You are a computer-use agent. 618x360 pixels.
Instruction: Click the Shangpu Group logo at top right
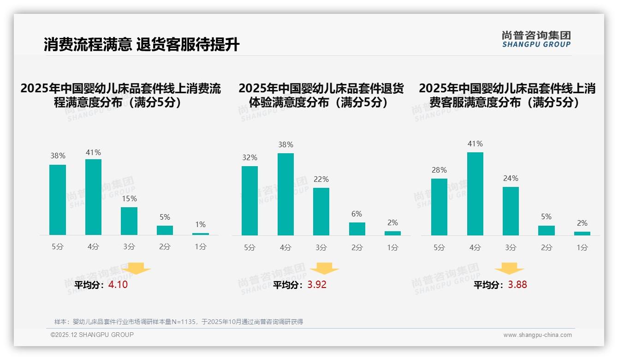(x=536, y=39)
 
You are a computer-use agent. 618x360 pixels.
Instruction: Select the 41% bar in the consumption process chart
(x=93, y=197)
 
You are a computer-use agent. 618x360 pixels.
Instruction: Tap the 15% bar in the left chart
(x=129, y=221)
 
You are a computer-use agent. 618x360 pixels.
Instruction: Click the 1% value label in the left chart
(x=200, y=225)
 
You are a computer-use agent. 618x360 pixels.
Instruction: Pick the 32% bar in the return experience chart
(x=250, y=201)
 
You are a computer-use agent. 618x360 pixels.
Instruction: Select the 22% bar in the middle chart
(x=321, y=211)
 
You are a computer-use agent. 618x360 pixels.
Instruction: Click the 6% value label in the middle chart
(x=357, y=214)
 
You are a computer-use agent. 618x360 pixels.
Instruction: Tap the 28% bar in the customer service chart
(x=439, y=207)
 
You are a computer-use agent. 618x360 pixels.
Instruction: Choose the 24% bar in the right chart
(x=511, y=211)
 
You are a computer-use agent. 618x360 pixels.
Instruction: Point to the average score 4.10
(x=118, y=285)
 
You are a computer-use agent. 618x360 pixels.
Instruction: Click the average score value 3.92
(x=317, y=285)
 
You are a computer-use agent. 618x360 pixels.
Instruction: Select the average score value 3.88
(x=517, y=285)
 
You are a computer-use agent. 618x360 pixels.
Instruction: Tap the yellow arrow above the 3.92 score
(x=325, y=269)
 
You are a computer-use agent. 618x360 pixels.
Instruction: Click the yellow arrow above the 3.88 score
(x=509, y=269)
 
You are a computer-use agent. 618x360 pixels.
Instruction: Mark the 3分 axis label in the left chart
(x=129, y=247)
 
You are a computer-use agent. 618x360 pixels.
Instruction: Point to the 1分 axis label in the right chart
(x=582, y=248)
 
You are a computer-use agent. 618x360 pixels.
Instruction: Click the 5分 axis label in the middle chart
(x=250, y=248)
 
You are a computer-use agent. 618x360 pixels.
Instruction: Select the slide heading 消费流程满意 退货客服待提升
(x=142, y=45)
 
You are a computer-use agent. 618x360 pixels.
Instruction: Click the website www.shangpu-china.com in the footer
(x=537, y=335)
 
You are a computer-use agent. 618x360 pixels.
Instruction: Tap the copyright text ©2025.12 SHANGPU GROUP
(x=92, y=335)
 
